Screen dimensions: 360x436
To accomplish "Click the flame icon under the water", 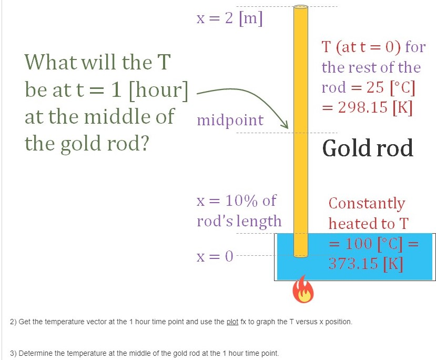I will (302, 291).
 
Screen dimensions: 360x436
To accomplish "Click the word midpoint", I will (230, 120).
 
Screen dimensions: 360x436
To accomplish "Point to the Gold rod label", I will (368, 148).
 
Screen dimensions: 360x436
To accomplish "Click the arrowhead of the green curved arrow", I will (286, 126).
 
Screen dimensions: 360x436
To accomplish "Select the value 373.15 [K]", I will (366, 263).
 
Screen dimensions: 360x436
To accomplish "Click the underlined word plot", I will (232, 322).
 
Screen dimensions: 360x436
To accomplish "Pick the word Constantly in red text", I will (367, 203).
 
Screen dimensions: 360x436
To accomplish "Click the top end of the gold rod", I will (300, 8).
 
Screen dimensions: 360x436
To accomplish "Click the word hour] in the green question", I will (158, 91).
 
